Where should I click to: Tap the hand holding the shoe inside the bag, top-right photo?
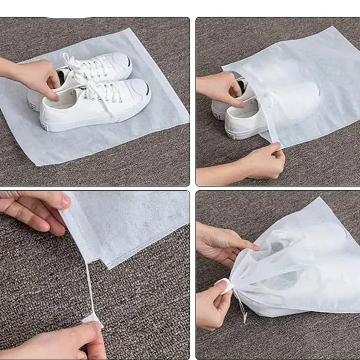pyautogui.click(x=218, y=88)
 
